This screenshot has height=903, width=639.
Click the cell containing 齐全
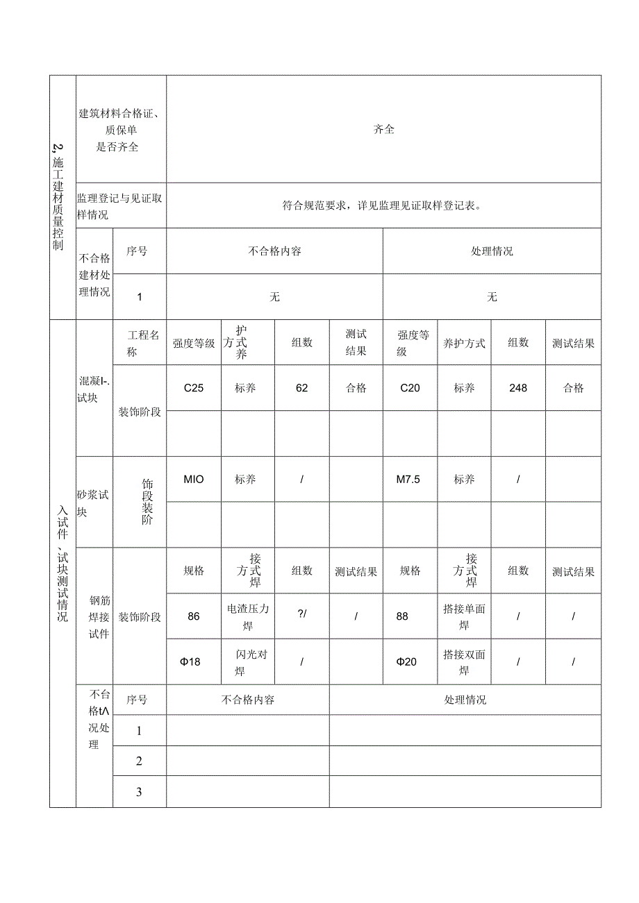383,129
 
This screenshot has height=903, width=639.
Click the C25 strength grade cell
194,388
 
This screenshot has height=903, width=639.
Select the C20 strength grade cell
410,388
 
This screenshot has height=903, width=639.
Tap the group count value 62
301,388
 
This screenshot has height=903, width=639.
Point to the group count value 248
518,388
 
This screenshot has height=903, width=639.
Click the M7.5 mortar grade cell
408,479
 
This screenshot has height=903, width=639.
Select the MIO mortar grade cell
194,479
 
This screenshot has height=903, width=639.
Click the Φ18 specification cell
190,661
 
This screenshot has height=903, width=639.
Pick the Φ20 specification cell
406,661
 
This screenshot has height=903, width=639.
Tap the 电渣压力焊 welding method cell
248,617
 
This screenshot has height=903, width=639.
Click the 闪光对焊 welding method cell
248,662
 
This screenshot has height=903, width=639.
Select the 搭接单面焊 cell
464,617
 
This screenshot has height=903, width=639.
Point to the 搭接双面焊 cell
464,662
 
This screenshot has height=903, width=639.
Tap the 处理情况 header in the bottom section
465,700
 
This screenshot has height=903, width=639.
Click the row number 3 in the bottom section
139,792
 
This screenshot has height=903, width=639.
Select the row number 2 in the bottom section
139,761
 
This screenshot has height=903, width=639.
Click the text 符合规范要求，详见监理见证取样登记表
383,205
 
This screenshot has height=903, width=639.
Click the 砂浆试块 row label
93,502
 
